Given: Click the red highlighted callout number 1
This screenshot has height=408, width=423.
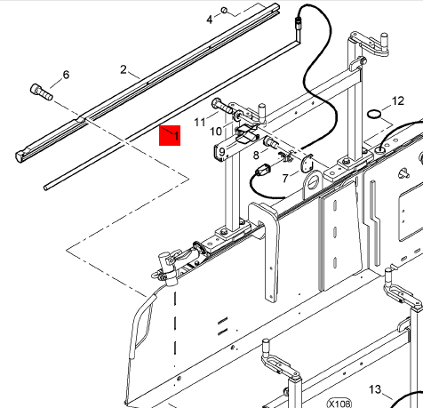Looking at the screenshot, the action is [176, 136].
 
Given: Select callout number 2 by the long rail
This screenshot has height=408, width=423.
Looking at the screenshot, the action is [124, 69].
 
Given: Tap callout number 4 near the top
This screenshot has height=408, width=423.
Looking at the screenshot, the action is [210, 20].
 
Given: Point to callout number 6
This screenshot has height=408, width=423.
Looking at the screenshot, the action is [66, 75].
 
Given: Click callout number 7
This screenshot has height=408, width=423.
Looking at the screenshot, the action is [285, 178].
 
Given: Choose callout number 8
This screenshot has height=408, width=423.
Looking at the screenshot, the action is [256, 155].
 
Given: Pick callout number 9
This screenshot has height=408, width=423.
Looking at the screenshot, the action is [222, 152].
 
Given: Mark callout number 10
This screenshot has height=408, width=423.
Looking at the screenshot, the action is [216, 132].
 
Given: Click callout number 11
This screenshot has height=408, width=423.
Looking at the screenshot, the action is [200, 122].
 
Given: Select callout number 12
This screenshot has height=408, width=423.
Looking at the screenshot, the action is [398, 101].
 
